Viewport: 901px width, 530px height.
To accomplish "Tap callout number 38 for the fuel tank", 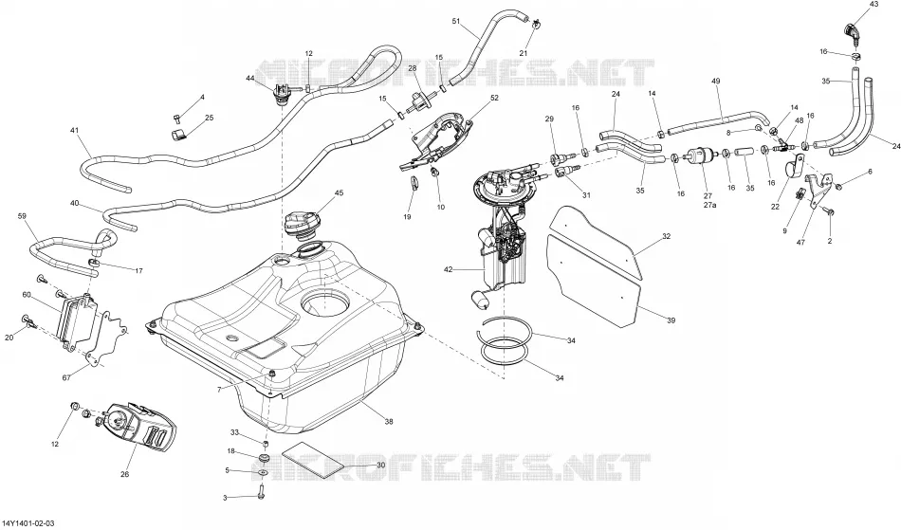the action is tap(389, 422).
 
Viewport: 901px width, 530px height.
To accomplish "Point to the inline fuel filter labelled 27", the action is tap(700, 156).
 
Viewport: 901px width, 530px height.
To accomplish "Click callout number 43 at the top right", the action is tap(874, 4).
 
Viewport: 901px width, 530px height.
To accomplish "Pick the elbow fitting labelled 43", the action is tap(854, 32).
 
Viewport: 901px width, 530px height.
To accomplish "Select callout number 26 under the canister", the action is tap(124, 474).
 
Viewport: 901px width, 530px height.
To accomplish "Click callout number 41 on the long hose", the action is tap(74, 130).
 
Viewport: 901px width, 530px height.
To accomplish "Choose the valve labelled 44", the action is tap(283, 94).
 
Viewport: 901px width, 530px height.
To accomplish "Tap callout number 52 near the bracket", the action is tap(494, 99).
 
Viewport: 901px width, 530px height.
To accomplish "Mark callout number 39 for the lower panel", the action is tap(671, 320).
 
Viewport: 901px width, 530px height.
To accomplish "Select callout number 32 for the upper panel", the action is tap(667, 236).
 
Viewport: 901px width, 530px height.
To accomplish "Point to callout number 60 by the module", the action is tap(27, 295).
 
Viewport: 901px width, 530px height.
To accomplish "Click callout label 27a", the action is tap(709, 205).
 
